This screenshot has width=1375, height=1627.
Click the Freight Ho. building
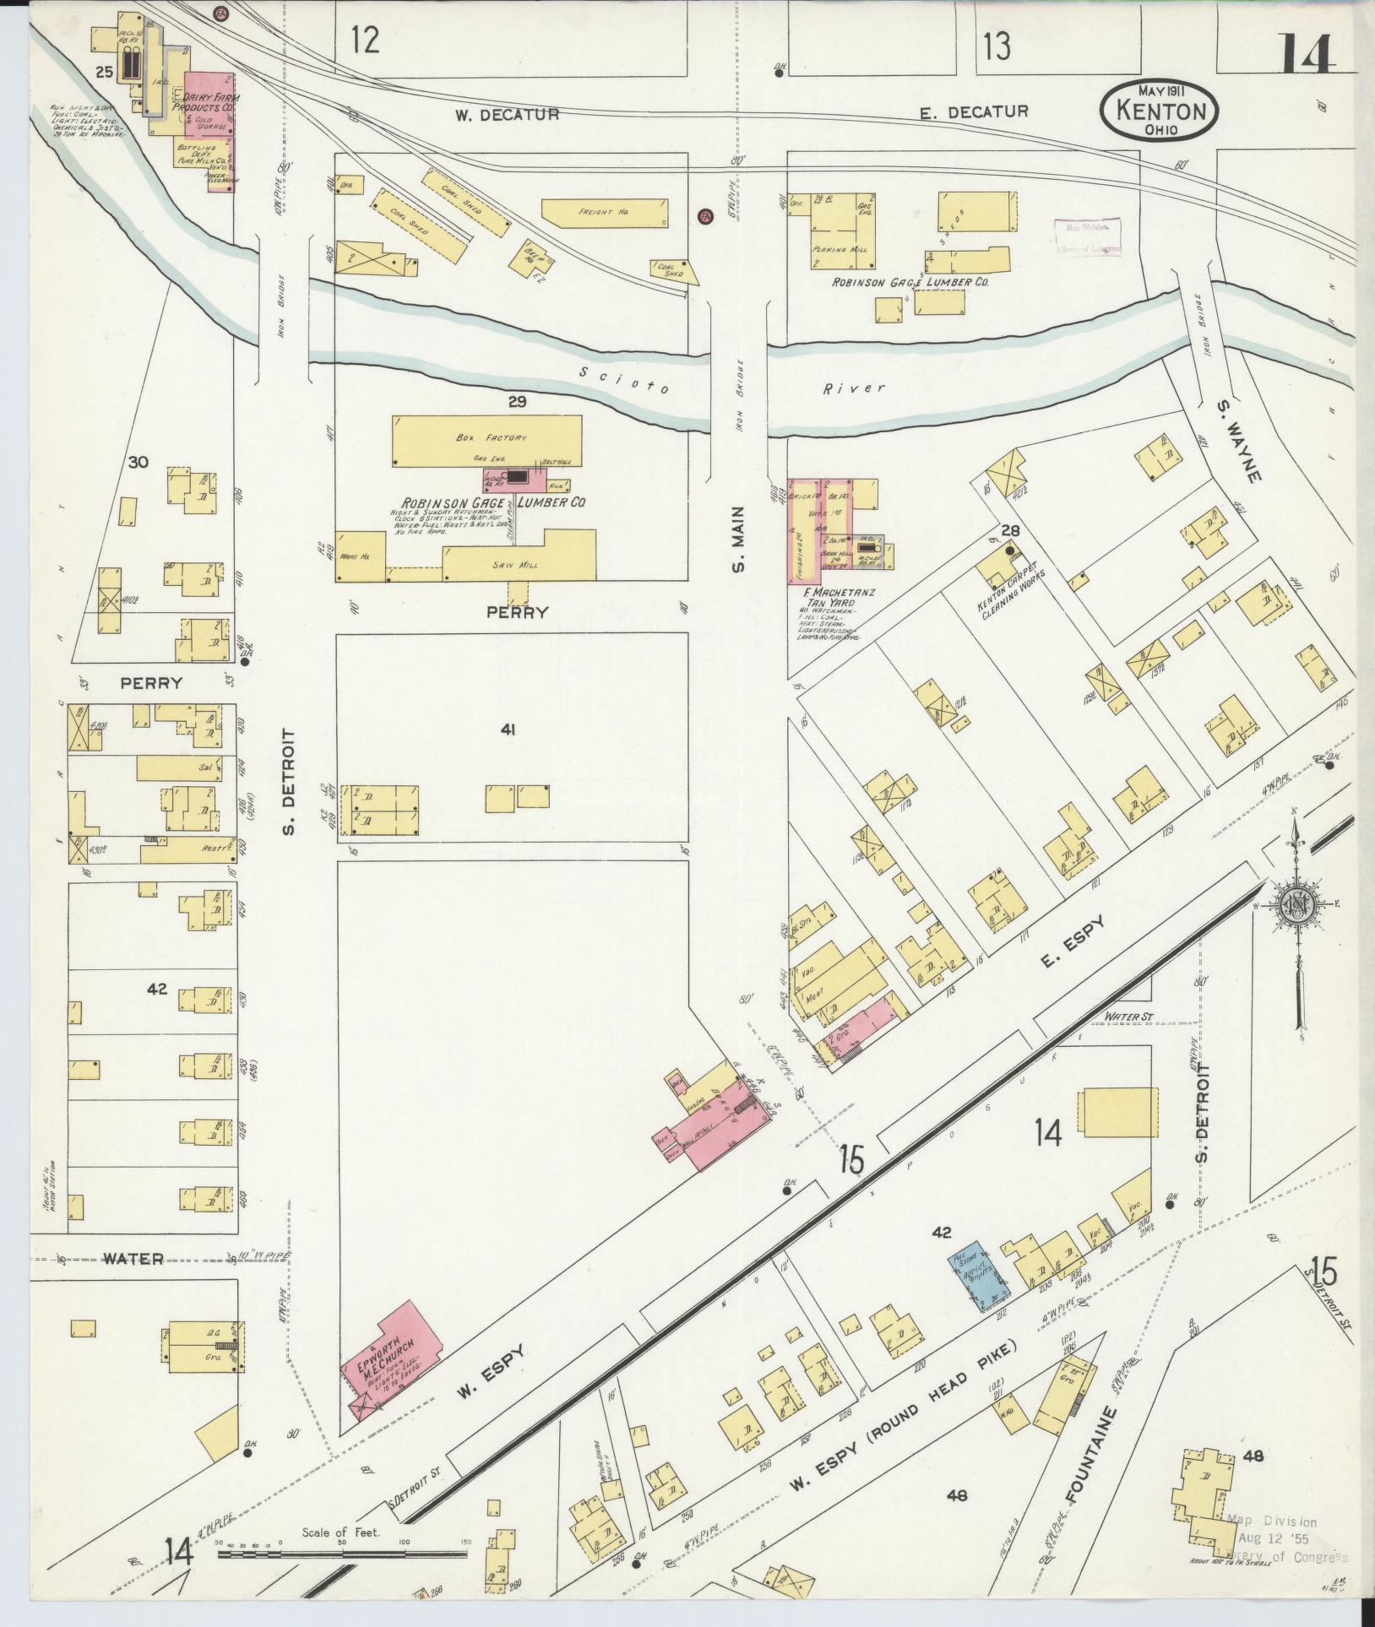(604, 213)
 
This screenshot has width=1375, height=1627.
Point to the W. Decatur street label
(507, 114)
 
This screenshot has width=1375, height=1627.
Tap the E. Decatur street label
(975, 111)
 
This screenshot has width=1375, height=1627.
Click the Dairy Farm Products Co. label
(205, 104)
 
